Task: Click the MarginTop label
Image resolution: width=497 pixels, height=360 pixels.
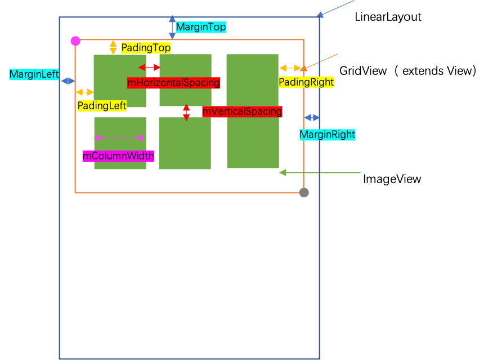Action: tap(201, 27)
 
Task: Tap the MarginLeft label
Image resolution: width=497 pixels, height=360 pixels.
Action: tap(34, 74)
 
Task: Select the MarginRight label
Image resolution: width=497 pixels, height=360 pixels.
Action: tap(327, 135)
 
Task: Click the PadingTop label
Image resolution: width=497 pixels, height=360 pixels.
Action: tap(146, 48)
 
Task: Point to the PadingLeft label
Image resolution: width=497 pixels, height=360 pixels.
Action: tap(102, 105)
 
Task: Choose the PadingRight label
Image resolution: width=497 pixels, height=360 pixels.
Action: tap(306, 82)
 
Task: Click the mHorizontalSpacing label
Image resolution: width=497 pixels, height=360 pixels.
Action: tap(173, 83)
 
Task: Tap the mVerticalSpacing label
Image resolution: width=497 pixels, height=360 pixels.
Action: tap(242, 112)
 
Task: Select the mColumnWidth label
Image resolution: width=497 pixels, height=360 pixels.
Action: tap(118, 156)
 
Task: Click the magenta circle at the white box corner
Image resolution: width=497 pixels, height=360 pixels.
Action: tap(75, 41)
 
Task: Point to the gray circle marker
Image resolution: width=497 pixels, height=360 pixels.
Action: tap(304, 193)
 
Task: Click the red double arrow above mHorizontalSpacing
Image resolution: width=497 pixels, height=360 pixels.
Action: tap(150, 68)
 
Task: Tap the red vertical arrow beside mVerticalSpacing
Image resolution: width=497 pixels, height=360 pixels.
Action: tap(186, 112)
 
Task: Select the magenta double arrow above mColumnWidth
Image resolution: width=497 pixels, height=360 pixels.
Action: tap(119, 137)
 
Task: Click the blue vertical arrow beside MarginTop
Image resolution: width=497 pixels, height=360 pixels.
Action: tap(172, 27)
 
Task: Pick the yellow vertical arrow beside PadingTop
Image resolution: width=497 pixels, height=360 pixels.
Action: tap(113, 47)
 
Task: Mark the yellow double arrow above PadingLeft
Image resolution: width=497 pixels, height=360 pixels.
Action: tap(85, 92)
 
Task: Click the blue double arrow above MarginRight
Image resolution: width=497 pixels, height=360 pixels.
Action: tap(312, 117)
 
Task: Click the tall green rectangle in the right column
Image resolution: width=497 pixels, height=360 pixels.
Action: tap(253, 111)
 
